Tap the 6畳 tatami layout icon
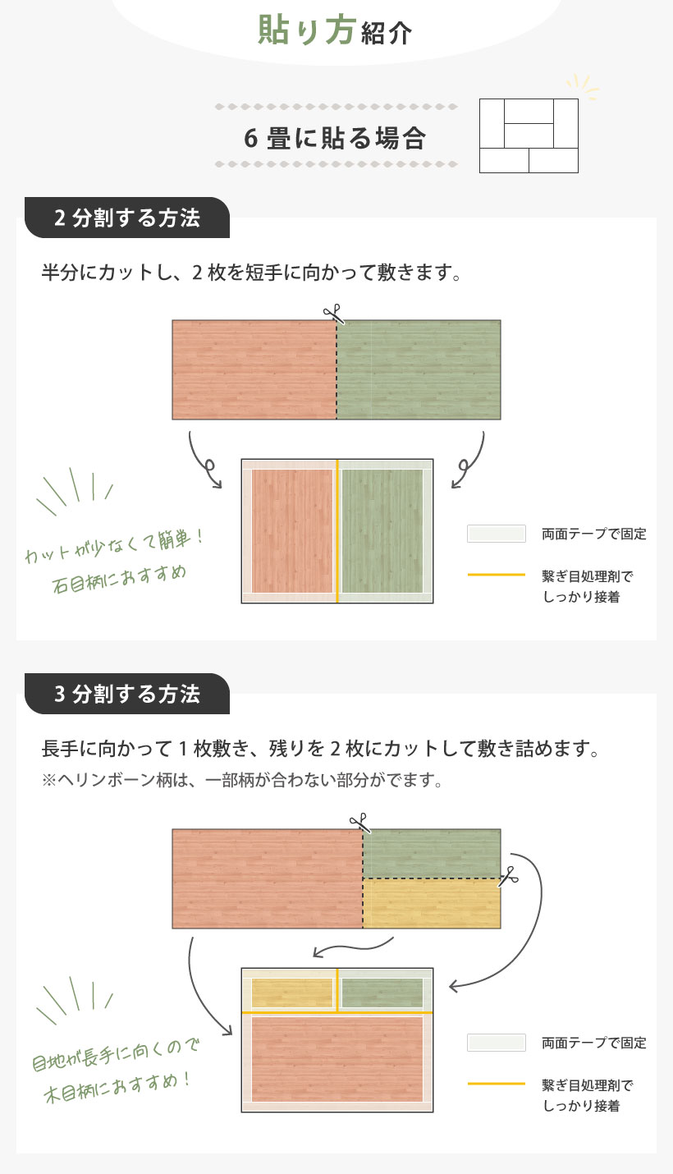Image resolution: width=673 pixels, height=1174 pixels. coord(529,135)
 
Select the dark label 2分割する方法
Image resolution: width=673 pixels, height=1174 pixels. coord(127,218)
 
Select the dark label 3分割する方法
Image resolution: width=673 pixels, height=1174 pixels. coord(127,694)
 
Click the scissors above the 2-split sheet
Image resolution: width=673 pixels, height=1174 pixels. coord(333,314)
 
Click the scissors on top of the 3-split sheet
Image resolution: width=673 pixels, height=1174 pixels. coord(360,823)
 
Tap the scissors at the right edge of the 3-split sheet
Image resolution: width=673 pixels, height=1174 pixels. coord(508,876)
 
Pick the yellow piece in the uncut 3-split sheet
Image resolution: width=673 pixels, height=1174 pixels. coord(432,903)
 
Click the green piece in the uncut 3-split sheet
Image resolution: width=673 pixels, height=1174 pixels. coord(432,854)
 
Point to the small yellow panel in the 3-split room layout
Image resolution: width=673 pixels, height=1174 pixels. coord(292,993)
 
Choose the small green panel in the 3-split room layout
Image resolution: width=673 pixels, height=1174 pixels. coord(382,993)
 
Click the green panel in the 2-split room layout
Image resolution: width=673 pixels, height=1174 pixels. coord(382,531)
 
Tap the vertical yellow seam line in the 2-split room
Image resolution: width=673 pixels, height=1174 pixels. coord(337,531)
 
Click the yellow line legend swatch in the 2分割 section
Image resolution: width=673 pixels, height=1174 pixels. coord(497,575)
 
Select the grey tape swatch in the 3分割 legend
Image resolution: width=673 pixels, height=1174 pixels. coord(497,1043)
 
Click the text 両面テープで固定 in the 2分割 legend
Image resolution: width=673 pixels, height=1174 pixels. coord(594,534)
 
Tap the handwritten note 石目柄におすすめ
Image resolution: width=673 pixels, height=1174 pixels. coord(120,579)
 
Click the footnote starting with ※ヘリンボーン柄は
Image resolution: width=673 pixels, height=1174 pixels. coord(242,780)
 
